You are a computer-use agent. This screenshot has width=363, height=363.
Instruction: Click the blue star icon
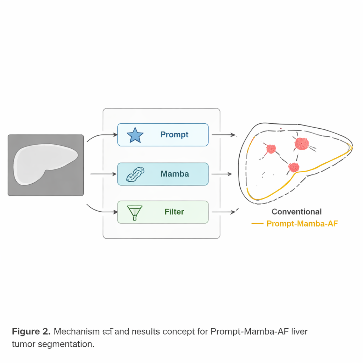pos(135,135)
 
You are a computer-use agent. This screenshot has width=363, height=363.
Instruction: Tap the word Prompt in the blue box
pos(174,135)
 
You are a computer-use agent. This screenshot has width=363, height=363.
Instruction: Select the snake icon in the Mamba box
pos(135,174)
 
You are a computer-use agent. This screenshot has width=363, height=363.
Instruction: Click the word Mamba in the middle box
pos(174,174)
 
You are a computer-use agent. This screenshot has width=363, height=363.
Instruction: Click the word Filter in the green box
pos(174,212)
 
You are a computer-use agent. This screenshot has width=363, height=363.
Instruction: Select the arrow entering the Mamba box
pos(104,174)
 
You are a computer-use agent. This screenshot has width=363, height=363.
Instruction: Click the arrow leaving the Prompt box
pos(224,135)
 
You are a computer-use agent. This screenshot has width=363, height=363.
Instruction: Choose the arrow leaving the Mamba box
pos(222,174)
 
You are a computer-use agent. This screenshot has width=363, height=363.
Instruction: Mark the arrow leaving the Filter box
pos(224,212)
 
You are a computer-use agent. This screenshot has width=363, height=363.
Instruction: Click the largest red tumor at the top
pos(302,144)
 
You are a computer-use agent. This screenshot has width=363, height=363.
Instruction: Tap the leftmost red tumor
pos(271,149)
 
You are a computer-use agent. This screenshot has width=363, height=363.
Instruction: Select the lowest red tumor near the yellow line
pos(294,167)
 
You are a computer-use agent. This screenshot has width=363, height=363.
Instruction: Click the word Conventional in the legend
pos(296,212)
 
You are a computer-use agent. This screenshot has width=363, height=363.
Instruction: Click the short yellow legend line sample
pos(257,224)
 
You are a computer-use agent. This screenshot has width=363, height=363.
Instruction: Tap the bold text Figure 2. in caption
pos(31,332)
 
